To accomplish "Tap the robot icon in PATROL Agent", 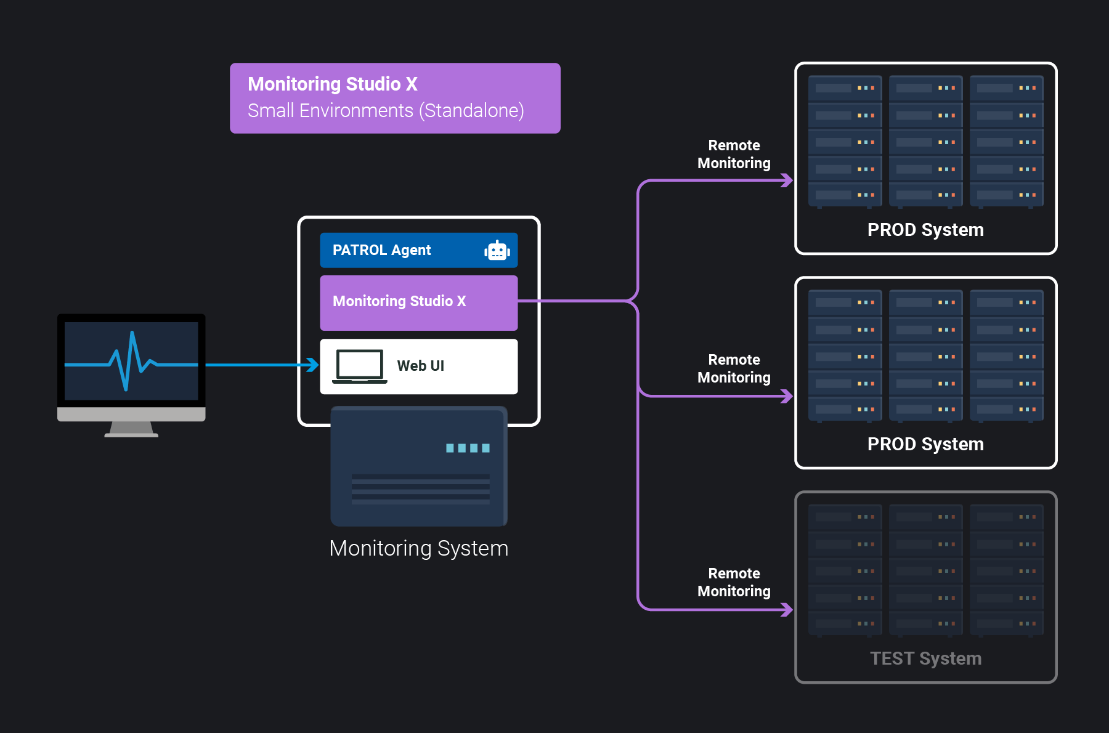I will click(x=497, y=251).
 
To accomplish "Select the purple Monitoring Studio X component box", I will click(x=418, y=302).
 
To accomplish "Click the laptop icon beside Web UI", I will click(x=360, y=366).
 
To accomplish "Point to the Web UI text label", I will click(x=420, y=366).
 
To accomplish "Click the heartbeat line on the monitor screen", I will click(x=131, y=363).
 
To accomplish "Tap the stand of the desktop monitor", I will click(x=131, y=429).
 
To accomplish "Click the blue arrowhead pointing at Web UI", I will click(x=313, y=365).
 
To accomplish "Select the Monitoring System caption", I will click(x=418, y=548).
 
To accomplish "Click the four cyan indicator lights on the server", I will click(x=468, y=448).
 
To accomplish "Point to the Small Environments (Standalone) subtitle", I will click(x=386, y=111).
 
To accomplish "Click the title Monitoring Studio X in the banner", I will click(x=333, y=84).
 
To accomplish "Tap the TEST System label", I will click(x=925, y=658).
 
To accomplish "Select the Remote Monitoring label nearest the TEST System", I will click(x=734, y=582).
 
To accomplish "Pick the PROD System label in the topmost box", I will click(x=925, y=230).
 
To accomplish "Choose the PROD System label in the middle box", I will click(x=925, y=444).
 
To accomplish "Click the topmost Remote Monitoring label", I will click(x=734, y=154).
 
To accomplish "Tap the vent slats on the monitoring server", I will click(x=420, y=489).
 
